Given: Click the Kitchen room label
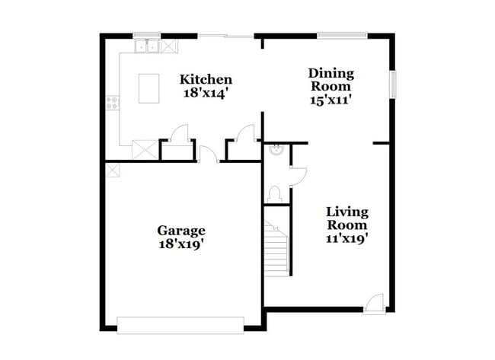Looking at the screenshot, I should click(206, 79).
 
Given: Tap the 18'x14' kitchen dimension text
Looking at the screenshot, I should click(206, 92).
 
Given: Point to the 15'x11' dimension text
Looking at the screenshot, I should click(331, 99).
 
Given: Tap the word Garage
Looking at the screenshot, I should click(181, 230).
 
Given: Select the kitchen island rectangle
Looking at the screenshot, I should click(148, 88).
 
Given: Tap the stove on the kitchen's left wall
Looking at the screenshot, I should click(113, 101).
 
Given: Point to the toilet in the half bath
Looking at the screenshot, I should click(276, 193).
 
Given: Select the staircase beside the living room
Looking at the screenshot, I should click(276, 249).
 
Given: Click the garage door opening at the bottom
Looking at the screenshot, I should click(180, 326).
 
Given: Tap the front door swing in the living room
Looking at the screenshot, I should click(374, 303).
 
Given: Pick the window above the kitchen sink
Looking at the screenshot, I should click(146, 34).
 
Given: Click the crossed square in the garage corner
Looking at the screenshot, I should click(113, 170).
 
